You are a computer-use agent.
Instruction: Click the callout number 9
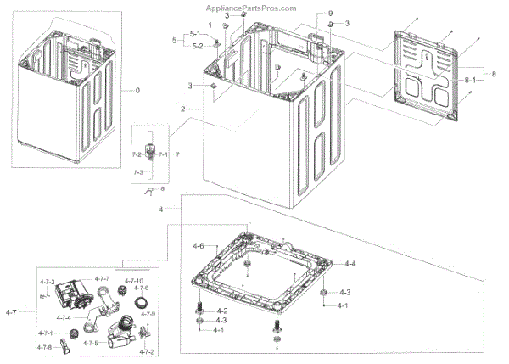[331, 14]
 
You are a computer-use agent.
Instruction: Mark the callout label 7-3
[138, 172]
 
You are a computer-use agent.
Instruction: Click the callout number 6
[163, 188]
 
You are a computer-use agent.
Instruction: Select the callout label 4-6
[198, 246]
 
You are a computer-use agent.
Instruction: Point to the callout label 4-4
[350, 265]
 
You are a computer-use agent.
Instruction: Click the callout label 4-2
[221, 311]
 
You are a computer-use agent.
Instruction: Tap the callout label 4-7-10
[134, 280]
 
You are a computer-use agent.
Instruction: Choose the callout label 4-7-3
[47, 282]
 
